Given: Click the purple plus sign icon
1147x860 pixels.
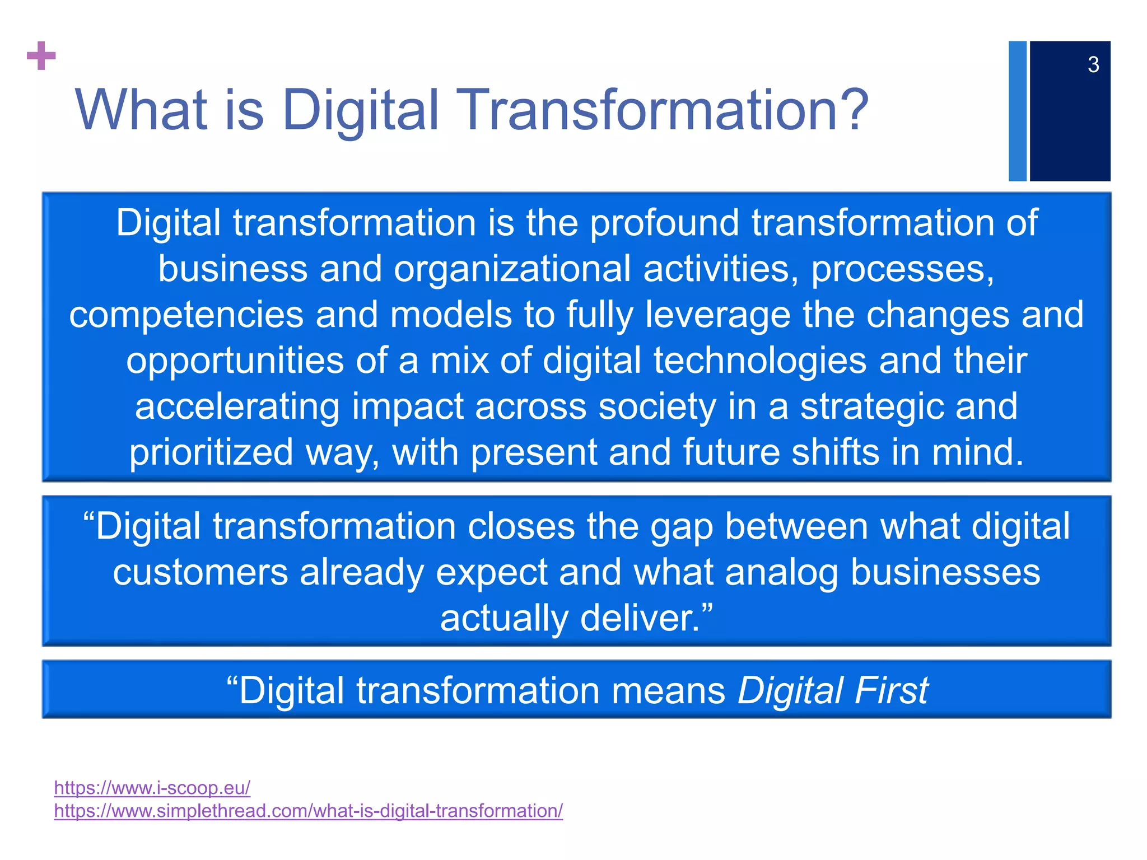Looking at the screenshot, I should pos(41,56).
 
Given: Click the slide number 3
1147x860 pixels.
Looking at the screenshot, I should pos(1093,65).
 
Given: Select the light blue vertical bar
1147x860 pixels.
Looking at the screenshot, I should pos(1017,111).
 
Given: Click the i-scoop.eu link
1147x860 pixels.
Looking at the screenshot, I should pos(152,788).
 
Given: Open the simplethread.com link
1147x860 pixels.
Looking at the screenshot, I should pos(308,811).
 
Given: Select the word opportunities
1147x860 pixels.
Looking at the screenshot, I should pos(235,361).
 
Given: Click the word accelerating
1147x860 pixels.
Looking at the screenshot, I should pos(237,407).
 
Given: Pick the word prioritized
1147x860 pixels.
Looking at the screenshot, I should pos(211,452).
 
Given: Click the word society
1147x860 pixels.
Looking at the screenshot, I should pos(657,407).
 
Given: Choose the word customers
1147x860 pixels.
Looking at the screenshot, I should pos(200,573).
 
